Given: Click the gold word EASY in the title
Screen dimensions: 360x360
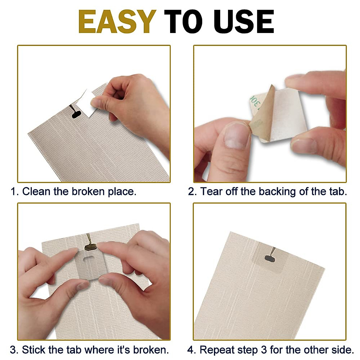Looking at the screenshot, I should pos(117,22).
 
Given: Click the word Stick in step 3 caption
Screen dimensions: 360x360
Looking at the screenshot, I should pos(34,349).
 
